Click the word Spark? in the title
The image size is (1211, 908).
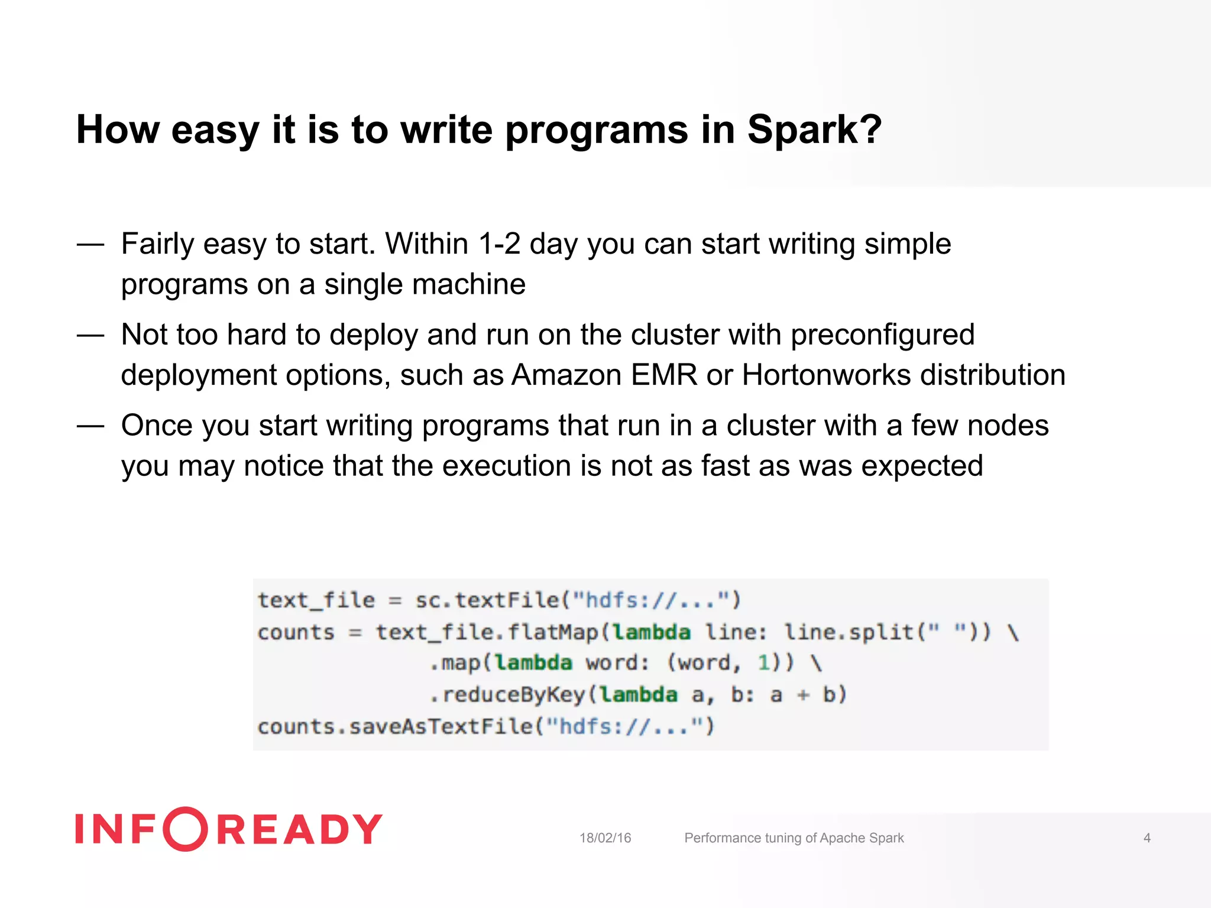(x=814, y=130)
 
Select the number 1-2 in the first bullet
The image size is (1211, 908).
(x=499, y=244)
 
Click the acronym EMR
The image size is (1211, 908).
(x=664, y=375)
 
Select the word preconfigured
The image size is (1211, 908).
(x=882, y=335)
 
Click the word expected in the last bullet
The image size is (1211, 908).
(x=922, y=467)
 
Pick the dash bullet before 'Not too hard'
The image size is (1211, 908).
(x=90, y=335)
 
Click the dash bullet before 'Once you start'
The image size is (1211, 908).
(x=90, y=426)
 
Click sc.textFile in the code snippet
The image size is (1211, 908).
(x=486, y=601)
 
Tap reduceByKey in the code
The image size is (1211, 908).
(x=513, y=695)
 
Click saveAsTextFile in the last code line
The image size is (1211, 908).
(x=441, y=727)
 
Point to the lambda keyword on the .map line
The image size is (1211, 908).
(x=533, y=663)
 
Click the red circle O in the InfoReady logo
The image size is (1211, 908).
(x=185, y=829)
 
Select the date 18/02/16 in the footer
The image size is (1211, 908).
(x=605, y=838)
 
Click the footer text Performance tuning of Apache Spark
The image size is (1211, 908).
(x=794, y=838)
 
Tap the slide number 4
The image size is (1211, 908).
(x=1147, y=838)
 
